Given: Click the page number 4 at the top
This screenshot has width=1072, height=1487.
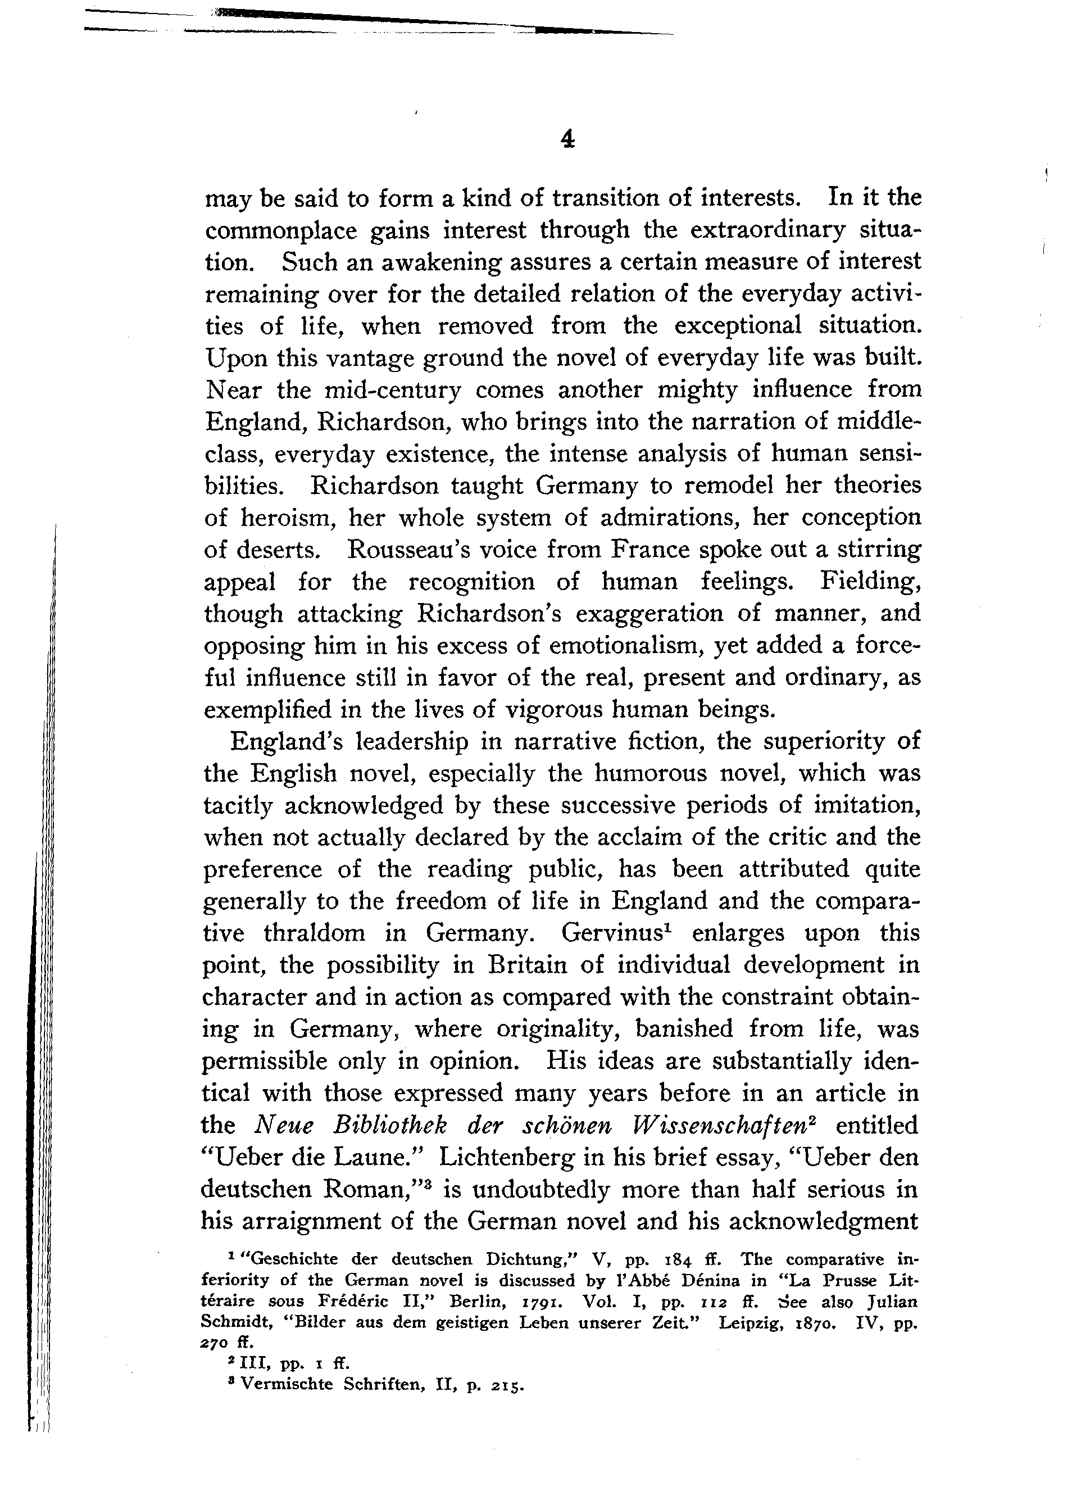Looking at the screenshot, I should tap(568, 139).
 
